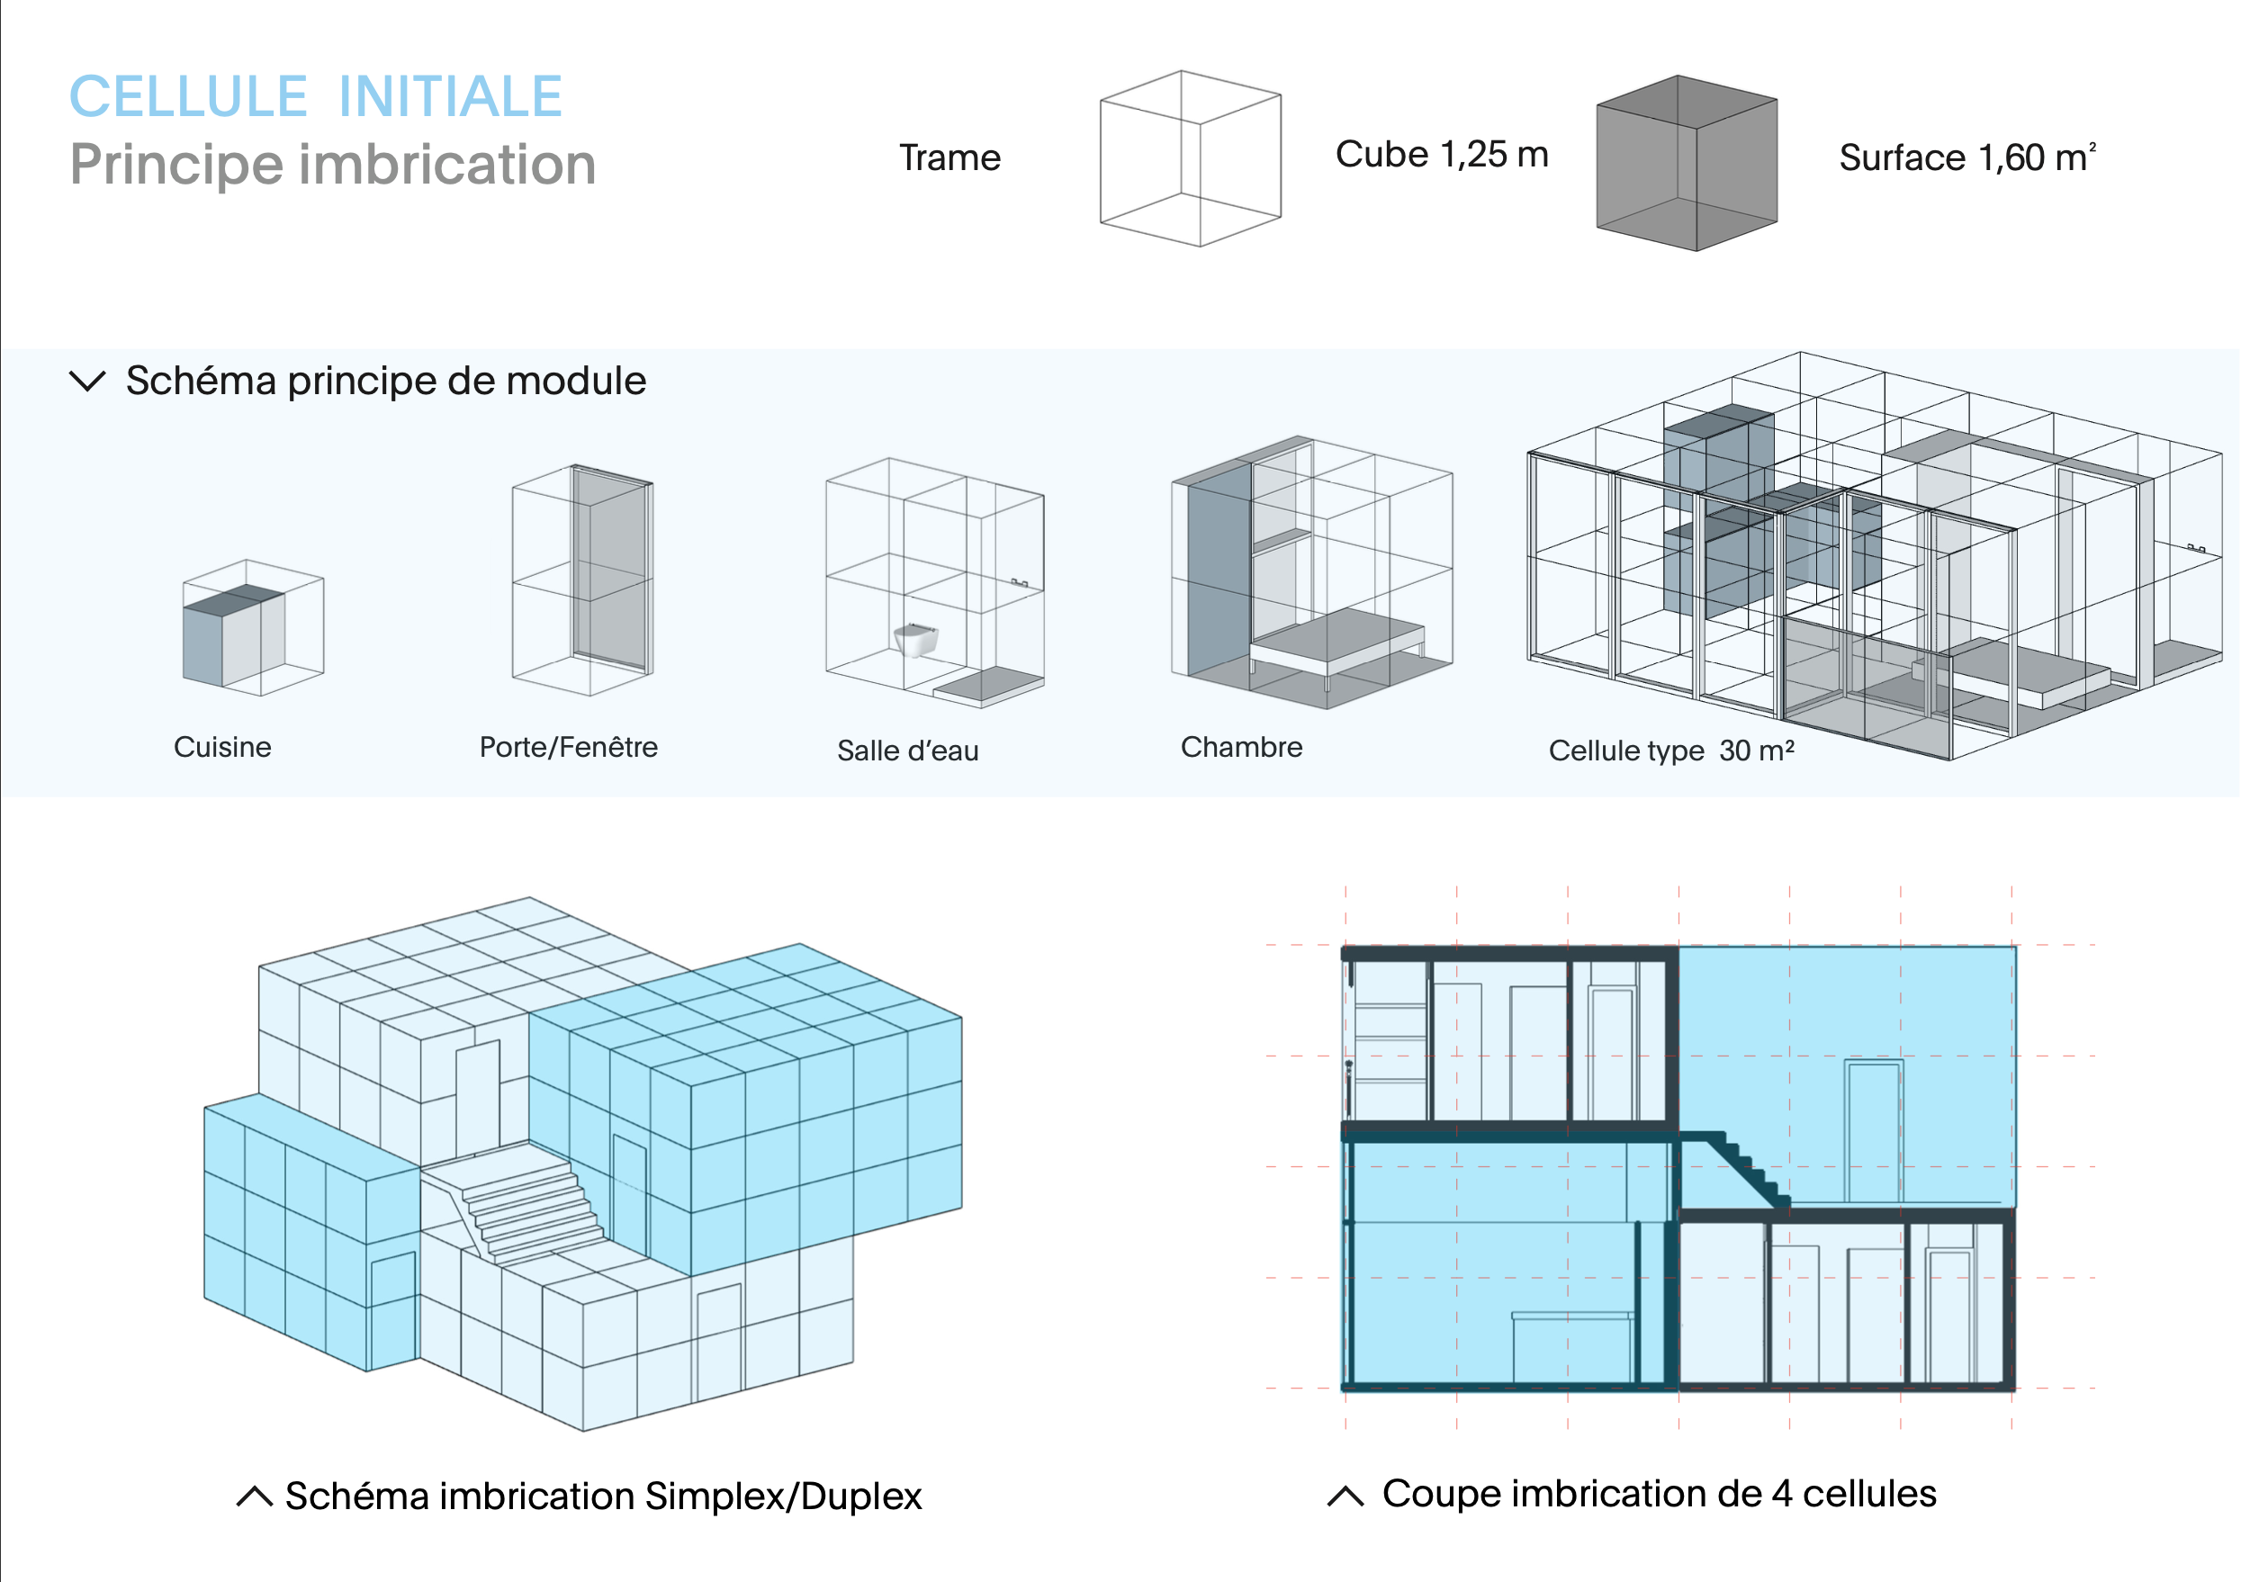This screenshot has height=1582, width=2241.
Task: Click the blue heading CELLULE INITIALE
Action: click(x=315, y=96)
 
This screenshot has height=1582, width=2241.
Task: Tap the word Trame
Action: click(x=949, y=158)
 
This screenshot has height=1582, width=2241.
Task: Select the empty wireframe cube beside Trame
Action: click(x=1190, y=158)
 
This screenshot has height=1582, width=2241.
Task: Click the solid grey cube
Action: click(x=1686, y=163)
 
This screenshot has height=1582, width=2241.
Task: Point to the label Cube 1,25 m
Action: click(x=1441, y=154)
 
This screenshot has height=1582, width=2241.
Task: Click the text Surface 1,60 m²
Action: click(x=1966, y=157)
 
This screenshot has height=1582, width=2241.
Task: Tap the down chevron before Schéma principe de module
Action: click(x=88, y=381)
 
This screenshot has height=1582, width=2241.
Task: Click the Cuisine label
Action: click(x=222, y=747)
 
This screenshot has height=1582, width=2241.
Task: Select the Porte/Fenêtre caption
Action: click(x=568, y=747)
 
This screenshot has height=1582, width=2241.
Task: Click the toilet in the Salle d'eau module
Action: click(x=915, y=639)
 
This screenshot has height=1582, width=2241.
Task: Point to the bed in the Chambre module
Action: click(x=1337, y=639)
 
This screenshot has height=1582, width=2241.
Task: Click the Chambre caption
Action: click(x=1240, y=747)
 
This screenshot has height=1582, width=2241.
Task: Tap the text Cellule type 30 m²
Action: click(x=1670, y=751)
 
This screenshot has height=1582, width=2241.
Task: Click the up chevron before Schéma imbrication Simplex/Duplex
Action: click(x=254, y=1497)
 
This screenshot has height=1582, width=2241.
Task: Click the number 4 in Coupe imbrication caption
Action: click(x=1781, y=1493)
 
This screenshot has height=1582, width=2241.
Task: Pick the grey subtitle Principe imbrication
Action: click(x=333, y=164)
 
